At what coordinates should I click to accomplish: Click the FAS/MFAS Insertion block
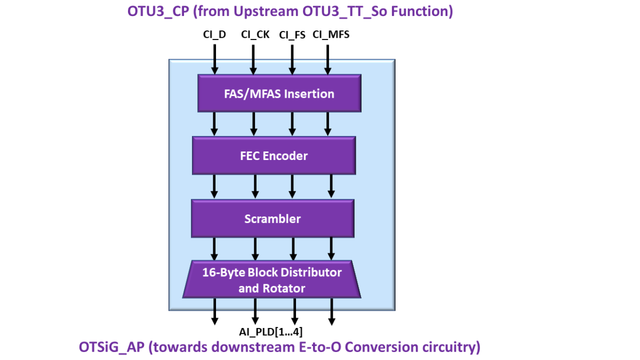[279, 93]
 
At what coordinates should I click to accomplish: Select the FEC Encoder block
[273, 156]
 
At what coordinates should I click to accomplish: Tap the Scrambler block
[272, 219]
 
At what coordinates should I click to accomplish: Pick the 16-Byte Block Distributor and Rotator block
[271, 280]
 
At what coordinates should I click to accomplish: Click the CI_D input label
[214, 35]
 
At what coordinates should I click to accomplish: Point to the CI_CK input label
[255, 35]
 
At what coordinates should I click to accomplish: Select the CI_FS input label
[292, 35]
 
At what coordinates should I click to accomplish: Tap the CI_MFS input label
[331, 35]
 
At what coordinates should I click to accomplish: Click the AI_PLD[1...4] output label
[271, 332]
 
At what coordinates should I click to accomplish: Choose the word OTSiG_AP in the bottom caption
[110, 347]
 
